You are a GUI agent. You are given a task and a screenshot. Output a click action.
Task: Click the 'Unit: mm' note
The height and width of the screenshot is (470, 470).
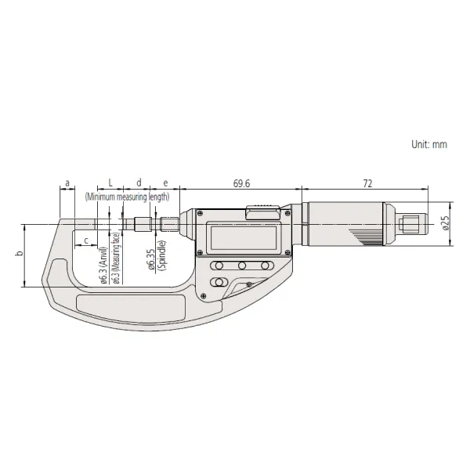click(x=429, y=144)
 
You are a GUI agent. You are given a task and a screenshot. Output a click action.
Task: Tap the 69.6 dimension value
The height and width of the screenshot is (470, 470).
click(x=241, y=183)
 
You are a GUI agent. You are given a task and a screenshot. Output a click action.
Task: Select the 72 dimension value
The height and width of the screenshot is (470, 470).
click(x=367, y=183)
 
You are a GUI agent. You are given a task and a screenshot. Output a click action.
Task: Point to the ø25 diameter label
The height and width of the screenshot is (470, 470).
click(x=446, y=222)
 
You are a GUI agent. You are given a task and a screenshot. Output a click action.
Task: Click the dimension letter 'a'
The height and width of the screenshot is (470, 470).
click(x=67, y=183)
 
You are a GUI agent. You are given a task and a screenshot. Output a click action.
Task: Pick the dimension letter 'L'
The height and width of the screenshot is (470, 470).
click(x=110, y=183)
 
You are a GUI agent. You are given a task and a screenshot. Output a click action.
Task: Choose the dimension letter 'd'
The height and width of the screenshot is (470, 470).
click(x=139, y=183)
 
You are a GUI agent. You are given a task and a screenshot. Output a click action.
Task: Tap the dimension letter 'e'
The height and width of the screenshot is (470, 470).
click(x=165, y=183)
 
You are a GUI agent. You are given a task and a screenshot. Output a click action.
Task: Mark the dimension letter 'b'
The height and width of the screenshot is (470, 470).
click(x=20, y=253)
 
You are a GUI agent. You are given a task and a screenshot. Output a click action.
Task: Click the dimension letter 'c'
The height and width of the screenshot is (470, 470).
click(x=86, y=240)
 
